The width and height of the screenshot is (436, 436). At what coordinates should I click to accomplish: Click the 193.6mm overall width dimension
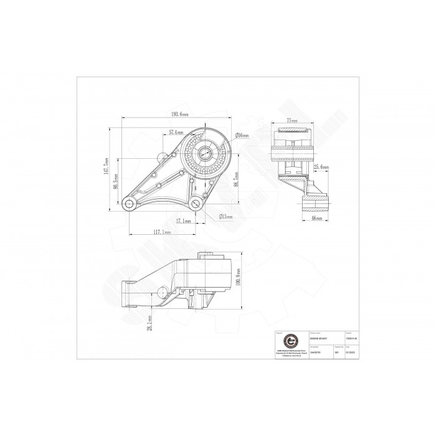click(x=180, y=115)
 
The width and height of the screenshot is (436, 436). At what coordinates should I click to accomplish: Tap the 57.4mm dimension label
click(x=176, y=133)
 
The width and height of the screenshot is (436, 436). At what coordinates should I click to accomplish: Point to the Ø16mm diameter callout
click(x=242, y=135)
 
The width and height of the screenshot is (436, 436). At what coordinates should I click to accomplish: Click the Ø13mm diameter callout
click(x=225, y=217)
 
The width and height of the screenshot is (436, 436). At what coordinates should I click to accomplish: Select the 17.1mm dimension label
click(x=183, y=221)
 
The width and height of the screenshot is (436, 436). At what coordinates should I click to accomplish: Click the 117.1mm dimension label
click(x=163, y=232)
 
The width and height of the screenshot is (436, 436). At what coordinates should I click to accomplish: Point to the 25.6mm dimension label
click(x=321, y=167)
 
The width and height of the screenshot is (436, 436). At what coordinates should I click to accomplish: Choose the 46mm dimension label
click(x=315, y=219)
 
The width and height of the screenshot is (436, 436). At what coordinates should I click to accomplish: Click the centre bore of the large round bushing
click(x=205, y=153)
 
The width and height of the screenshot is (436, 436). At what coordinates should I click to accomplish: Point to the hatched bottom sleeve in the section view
click(x=315, y=204)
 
